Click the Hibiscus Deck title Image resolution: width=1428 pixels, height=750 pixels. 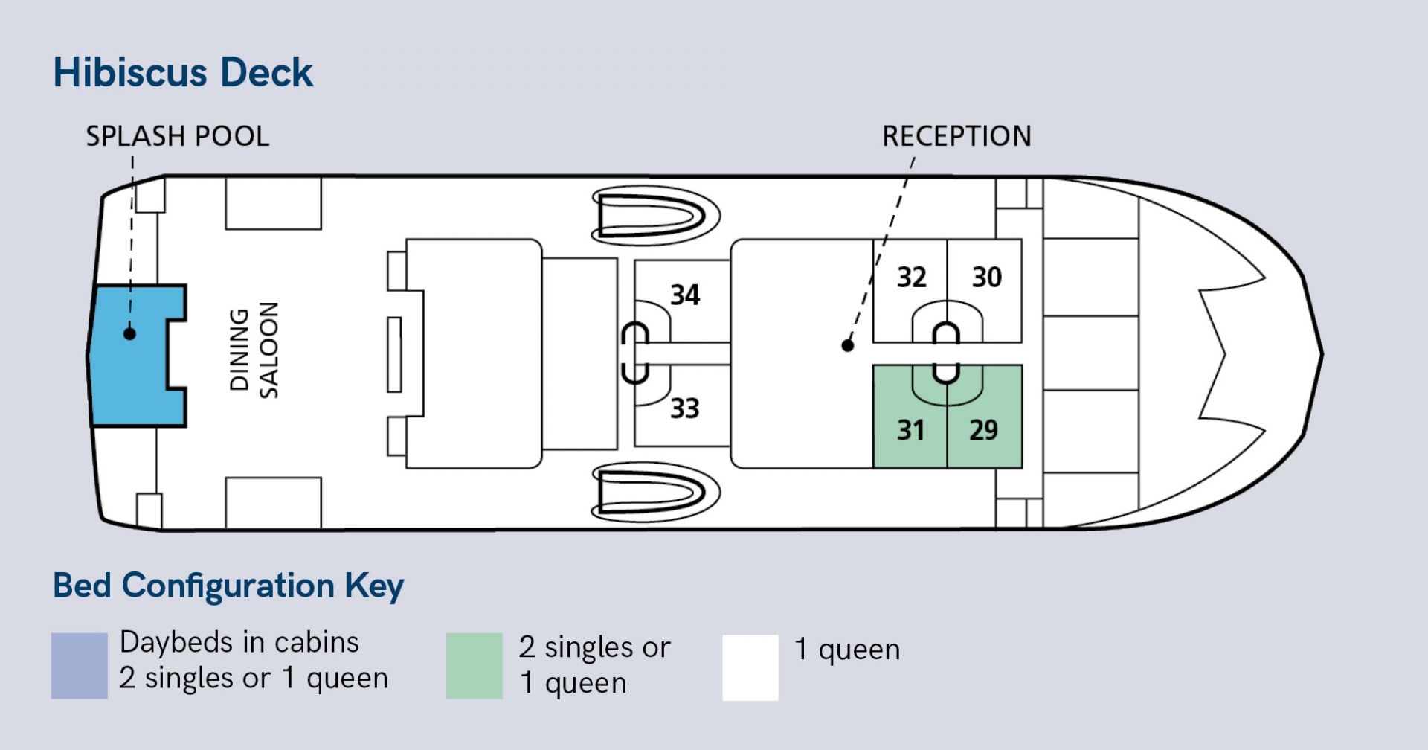(x=183, y=73)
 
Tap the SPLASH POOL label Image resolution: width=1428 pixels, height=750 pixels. (x=177, y=136)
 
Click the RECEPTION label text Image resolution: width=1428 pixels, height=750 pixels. (x=956, y=136)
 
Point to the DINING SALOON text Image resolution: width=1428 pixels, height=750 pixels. (x=254, y=350)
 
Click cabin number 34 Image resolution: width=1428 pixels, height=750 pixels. (x=685, y=295)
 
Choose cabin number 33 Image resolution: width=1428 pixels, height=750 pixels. (x=685, y=408)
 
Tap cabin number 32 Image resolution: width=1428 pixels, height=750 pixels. (x=912, y=278)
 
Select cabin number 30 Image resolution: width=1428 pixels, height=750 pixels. (x=987, y=278)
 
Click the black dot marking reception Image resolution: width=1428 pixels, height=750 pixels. (x=848, y=345)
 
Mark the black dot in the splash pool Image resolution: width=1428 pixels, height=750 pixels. (x=129, y=333)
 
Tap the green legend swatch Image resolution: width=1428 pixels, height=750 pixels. (x=475, y=666)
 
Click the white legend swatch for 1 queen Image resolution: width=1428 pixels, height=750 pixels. (x=750, y=667)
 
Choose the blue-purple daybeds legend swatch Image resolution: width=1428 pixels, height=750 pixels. (x=80, y=666)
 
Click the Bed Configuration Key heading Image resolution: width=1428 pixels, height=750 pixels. (x=228, y=586)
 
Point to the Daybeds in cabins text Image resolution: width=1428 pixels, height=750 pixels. (x=239, y=642)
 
